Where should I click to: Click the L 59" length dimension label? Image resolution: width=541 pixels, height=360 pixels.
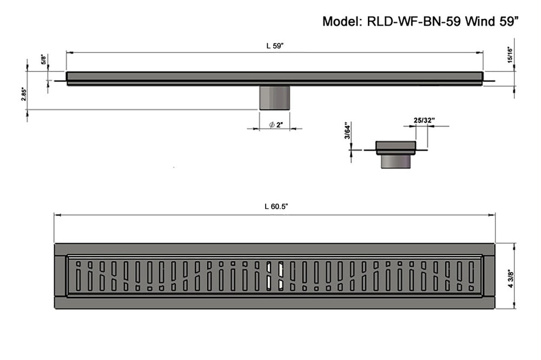275,46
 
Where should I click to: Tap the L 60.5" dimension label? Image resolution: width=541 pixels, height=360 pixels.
276,206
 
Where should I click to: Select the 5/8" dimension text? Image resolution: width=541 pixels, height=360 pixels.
43,59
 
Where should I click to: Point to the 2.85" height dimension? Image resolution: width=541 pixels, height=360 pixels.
23,94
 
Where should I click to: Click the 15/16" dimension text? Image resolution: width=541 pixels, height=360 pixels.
510,55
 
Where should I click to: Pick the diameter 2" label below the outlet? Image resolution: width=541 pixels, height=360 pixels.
276,125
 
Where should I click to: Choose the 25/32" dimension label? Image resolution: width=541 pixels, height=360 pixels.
424,120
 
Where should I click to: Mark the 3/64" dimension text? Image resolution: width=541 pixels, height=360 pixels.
347,132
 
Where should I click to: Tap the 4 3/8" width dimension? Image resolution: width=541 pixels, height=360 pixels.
511,278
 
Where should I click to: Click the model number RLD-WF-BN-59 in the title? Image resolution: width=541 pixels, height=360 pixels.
414,22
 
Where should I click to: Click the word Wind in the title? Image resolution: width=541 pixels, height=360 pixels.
480,22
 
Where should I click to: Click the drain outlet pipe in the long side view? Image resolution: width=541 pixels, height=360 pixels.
275,97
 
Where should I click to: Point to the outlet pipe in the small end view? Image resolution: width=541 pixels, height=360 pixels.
396,161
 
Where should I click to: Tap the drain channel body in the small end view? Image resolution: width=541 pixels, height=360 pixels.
396,148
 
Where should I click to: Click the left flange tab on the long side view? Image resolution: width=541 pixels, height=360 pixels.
60,81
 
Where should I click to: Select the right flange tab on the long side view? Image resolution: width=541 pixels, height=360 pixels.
489,81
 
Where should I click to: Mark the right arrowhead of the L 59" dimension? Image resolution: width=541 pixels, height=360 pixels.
479,53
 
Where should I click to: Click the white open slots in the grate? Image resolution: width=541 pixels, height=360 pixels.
275,275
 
